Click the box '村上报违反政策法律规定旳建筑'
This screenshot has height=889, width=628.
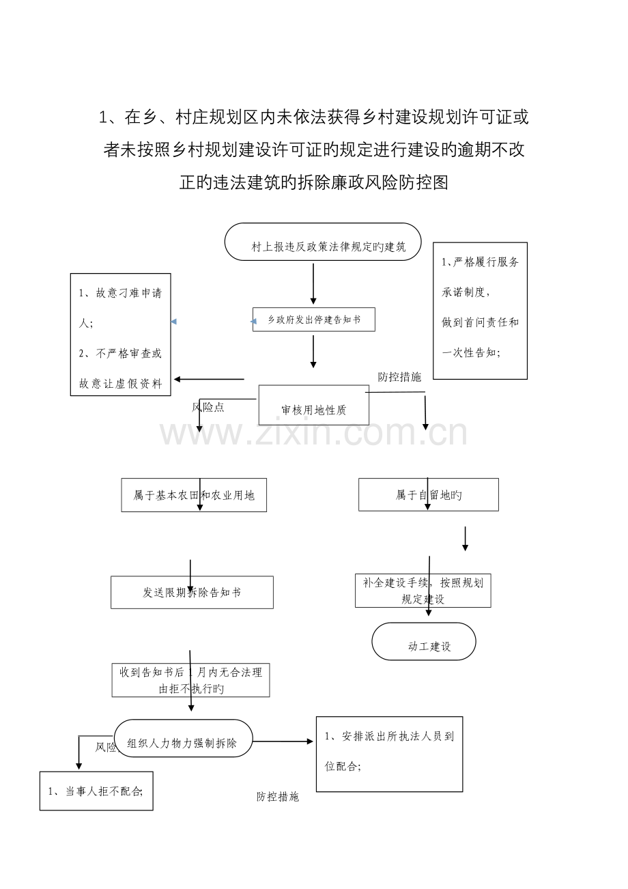[x=323, y=242]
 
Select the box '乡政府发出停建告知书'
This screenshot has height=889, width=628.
[x=313, y=320]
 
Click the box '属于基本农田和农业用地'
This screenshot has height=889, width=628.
[x=194, y=495]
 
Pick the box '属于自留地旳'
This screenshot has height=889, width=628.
[x=428, y=494]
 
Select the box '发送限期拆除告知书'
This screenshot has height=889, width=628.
[x=192, y=592]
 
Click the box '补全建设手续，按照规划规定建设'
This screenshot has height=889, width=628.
[x=423, y=591]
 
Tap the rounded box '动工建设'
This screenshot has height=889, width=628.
[x=423, y=642]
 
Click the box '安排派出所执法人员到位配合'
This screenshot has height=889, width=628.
[x=389, y=754]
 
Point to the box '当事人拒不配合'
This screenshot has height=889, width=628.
[x=96, y=791]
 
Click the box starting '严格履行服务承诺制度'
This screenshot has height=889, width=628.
[x=480, y=310]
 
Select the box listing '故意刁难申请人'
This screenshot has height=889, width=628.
[x=120, y=335]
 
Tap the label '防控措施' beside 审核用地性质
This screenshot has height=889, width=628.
[x=399, y=377]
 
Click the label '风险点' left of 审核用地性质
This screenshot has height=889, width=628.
[x=208, y=407]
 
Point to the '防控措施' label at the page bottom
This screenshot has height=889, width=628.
[x=277, y=797]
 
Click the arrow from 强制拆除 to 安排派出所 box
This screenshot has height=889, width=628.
[x=283, y=742]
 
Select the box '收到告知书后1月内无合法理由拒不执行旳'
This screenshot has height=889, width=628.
[x=190, y=680]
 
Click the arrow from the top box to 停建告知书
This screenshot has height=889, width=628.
[x=313, y=283]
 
